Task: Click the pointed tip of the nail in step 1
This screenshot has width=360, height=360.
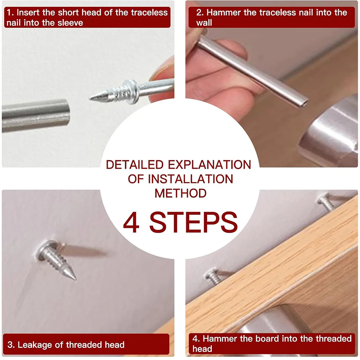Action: coord(90,99)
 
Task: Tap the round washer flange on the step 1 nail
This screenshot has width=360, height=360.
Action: coord(131,91)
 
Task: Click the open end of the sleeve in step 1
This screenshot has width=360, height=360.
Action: coord(67,112)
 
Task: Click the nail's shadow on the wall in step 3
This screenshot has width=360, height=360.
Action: coord(85,250)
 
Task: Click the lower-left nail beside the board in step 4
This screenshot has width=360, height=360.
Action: coord(214,276)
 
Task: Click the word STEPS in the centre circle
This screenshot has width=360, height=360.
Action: coord(193,222)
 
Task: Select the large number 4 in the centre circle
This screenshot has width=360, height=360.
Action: coord(131,222)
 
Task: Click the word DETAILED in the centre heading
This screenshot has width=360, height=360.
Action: coord(135,165)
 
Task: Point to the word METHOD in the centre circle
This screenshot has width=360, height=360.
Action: coord(180,193)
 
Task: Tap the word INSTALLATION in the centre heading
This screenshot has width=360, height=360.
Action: coord(190,179)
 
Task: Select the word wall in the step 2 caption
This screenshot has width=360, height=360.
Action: coord(204,23)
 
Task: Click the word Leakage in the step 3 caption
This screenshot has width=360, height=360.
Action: coord(35,345)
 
